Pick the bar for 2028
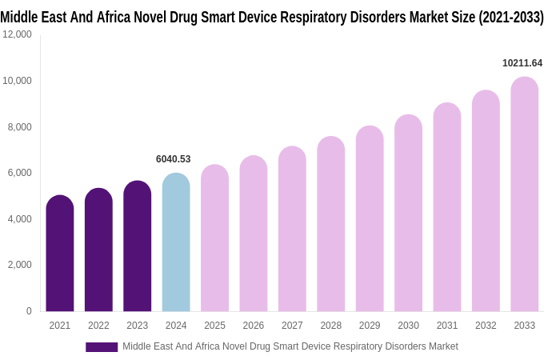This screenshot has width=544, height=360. tap(331, 224)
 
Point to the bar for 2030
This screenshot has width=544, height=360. tap(408, 213)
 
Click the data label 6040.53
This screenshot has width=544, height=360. tap(173, 159)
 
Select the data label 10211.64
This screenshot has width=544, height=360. tap(522, 63)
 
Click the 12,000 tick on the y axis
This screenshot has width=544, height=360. tap(17, 34)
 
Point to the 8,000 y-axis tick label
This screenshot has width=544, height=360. tap(19, 126)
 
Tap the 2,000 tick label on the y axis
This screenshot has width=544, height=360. tap(19, 265)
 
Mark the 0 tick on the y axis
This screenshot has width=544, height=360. tap(29, 311)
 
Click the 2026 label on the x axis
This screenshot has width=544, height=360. tap(254, 326)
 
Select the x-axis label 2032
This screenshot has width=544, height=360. tap(486, 326)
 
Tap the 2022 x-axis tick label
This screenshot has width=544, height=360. tap(98, 326)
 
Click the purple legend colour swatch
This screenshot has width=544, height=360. tap(102, 347)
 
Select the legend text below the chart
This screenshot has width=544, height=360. tap(290, 346)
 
